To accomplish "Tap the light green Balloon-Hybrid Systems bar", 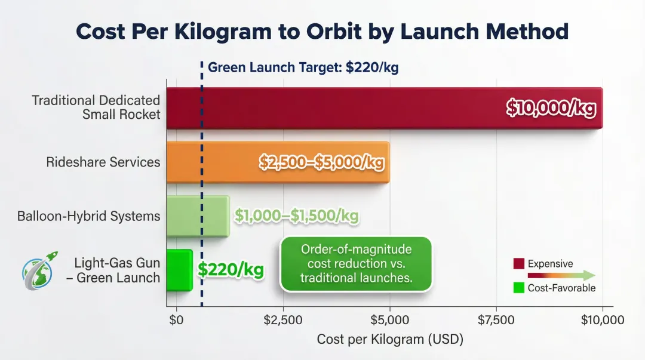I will click(197, 216).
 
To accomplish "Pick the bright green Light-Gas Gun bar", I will click(179, 270).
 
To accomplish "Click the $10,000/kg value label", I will click(551, 109).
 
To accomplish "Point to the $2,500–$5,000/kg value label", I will click(321, 162).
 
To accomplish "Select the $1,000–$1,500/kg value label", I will click(296, 216).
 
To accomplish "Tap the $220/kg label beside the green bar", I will click(231, 270).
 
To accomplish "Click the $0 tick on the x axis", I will click(176, 321).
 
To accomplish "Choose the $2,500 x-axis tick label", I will click(283, 321).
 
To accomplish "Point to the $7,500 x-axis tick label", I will click(496, 321).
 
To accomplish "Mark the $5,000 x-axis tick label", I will click(389, 321).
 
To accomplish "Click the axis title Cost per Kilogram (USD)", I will click(390, 340).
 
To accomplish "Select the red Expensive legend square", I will click(518, 263).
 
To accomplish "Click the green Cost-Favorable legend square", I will click(518, 288).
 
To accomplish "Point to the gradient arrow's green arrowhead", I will click(588, 275).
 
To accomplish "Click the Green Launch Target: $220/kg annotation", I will click(303, 67).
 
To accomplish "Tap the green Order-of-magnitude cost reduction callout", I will click(357, 264).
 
